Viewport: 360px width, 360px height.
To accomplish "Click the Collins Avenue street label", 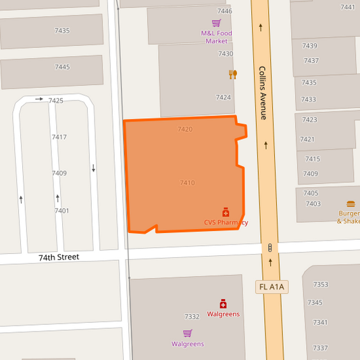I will [263, 93].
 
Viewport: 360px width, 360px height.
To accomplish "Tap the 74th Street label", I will [58, 257].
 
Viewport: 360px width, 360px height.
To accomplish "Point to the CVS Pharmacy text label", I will [226, 222].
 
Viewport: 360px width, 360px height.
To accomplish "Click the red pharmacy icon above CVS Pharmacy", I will [226, 212].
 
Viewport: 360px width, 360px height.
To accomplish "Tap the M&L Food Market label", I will [216, 36].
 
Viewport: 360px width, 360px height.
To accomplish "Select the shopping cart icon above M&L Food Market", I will [216, 23].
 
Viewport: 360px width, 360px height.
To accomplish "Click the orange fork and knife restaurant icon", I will [232, 74].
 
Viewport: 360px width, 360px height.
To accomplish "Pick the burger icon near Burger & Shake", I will [351, 203].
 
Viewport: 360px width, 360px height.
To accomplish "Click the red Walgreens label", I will [223, 314].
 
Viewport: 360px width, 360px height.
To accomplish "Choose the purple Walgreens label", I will [187, 344].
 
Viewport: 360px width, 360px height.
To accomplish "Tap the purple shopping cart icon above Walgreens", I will [187, 333].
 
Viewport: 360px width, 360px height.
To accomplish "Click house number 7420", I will [185, 129].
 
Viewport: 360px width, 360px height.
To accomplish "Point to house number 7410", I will [187, 183].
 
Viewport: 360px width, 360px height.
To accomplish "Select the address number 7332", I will [192, 316].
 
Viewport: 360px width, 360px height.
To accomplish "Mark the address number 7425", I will [55, 101].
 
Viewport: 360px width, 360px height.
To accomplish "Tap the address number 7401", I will [61, 211].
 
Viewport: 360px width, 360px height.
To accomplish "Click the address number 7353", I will [320, 284].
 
